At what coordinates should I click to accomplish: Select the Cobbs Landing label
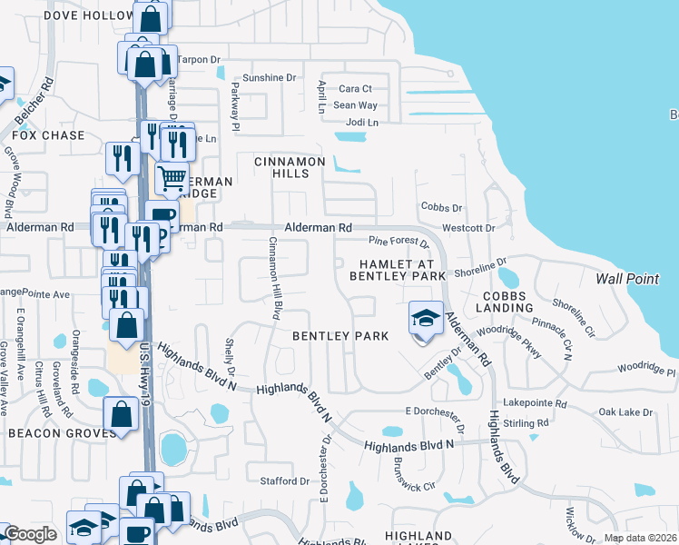(x=507, y=302)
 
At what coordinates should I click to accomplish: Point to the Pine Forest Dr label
(x=398, y=242)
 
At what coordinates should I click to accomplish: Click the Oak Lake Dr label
(x=625, y=412)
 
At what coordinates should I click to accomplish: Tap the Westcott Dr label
(x=467, y=228)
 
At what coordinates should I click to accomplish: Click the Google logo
(x=30, y=534)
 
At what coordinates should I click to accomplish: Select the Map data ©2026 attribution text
(x=639, y=538)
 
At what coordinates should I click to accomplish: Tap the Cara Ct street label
(x=355, y=89)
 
